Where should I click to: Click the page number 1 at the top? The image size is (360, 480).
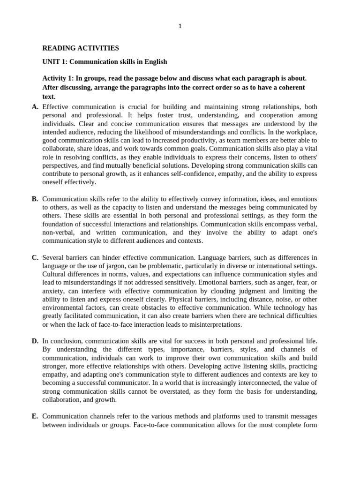[180, 27]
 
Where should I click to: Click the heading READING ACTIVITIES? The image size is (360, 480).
[81, 48]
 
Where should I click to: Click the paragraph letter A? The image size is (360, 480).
[35, 107]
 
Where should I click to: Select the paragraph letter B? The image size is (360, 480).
[35, 199]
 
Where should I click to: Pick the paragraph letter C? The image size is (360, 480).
[35, 257]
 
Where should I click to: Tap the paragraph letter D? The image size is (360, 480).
[35, 340]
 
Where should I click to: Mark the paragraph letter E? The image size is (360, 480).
[35, 416]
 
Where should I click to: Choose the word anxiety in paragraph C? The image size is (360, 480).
[53, 291]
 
